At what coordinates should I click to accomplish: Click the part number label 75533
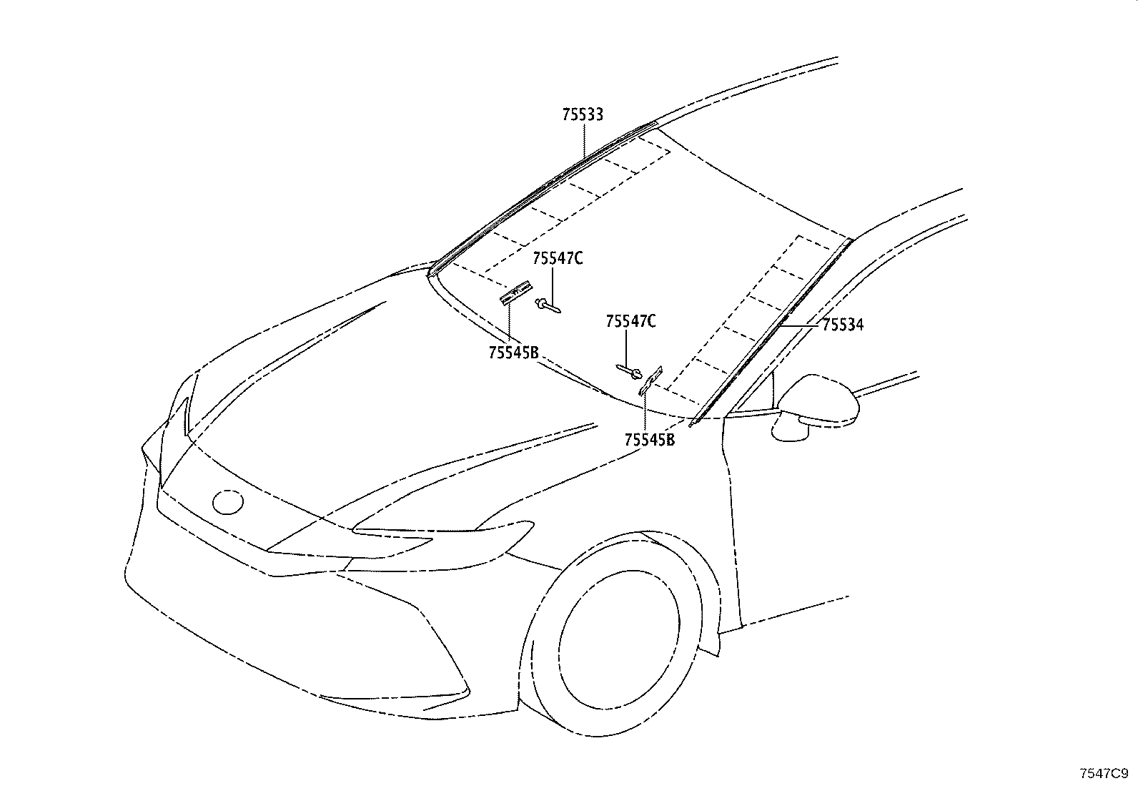tap(582, 115)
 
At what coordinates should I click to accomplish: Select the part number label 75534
tap(843, 325)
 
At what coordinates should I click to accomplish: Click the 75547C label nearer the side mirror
tap(630, 321)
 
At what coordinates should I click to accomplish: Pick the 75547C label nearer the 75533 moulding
tap(558, 258)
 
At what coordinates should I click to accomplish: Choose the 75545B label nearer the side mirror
tap(649, 440)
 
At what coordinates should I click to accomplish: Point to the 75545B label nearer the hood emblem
tap(513, 353)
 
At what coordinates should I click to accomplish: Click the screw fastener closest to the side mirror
tap(629, 372)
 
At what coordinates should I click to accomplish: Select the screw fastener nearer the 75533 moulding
tap(548, 307)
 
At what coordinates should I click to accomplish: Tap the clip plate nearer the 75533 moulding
tap(516, 293)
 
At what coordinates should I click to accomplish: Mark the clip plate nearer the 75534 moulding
tap(650, 380)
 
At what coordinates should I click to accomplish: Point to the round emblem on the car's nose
tap(227, 502)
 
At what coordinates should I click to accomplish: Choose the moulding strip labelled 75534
tap(770, 333)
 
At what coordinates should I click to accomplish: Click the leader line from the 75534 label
tap(800, 325)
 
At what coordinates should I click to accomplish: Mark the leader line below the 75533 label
tap(584, 140)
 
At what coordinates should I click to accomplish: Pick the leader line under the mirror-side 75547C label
tap(627, 348)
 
